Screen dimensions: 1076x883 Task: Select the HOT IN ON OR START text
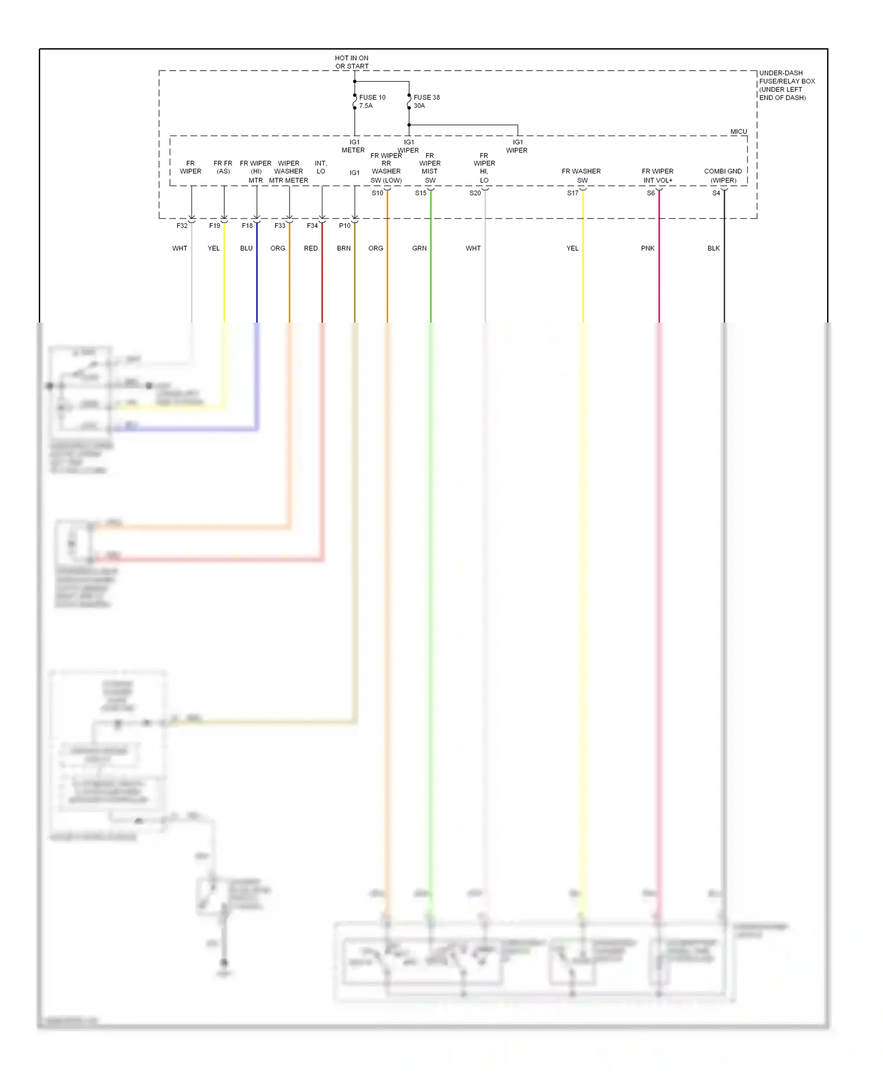pyautogui.click(x=351, y=62)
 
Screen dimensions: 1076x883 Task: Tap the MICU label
pyautogui.click(x=738, y=131)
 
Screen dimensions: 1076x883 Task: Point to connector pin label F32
pyautogui.click(x=182, y=225)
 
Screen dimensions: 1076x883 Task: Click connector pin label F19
pyautogui.click(x=214, y=225)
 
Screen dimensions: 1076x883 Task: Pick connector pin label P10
pyautogui.click(x=344, y=225)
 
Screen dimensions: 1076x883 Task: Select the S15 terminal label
pyautogui.click(x=420, y=193)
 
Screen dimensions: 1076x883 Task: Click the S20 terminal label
pyautogui.click(x=474, y=193)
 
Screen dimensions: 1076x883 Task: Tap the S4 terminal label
pyautogui.click(x=716, y=193)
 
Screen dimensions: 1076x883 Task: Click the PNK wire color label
pyautogui.click(x=648, y=248)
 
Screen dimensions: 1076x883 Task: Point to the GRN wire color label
pyautogui.click(x=419, y=248)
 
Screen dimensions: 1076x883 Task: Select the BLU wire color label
pyautogui.click(x=246, y=248)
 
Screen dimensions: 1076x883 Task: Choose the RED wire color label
pyautogui.click(x=311, y=248)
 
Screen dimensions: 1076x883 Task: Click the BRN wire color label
pyautogui.click(x=344, y=248)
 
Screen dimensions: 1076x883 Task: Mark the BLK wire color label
pyautogui.click(x=713, y=248)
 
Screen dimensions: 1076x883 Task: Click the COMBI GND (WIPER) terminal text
pyautogui.click(x=723, y=175)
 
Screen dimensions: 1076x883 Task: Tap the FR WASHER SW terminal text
pyautogui.click(x=581, y=175)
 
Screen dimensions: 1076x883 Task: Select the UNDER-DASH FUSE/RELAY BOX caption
pyautogui.click(x=786, y=85)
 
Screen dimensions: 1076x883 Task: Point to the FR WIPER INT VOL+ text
pyautogui.click(x=658, y=175)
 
